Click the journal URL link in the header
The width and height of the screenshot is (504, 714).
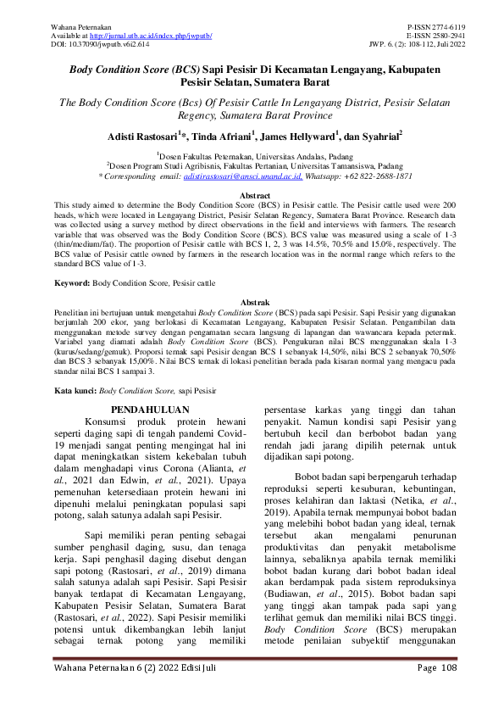tap(163, 36)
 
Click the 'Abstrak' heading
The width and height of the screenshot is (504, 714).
tap(252, 302)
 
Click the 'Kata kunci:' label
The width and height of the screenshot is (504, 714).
tap(75, 392)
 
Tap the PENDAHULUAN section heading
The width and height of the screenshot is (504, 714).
tap(149, 410)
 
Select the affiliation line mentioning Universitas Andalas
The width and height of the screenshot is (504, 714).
tap(252, 156)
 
